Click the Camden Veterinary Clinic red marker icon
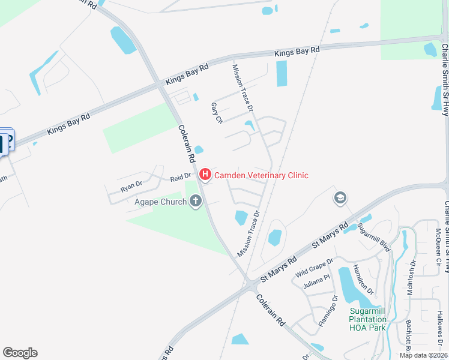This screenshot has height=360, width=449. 205,175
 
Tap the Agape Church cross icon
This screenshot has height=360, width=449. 195,202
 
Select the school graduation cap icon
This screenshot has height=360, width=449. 340,198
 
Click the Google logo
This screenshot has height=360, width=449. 20,353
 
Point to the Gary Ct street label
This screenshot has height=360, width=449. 217,113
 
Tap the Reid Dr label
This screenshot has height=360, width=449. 180,176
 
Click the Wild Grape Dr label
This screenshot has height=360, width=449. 314,268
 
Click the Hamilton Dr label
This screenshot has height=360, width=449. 363,279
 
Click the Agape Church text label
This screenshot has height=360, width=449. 160,202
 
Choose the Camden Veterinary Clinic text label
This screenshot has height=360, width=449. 261,175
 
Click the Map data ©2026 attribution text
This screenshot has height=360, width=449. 423,355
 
